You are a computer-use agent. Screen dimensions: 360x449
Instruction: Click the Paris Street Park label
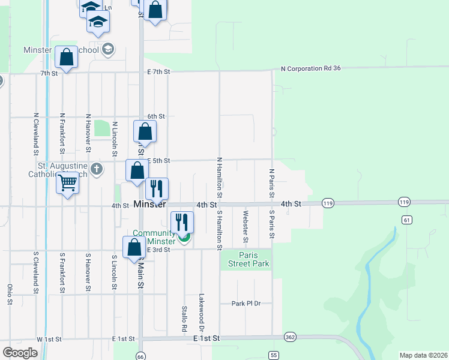pyautogui.click(x=244, y=259)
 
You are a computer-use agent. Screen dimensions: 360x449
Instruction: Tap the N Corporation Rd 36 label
pyautogui.click(x=310, y=68)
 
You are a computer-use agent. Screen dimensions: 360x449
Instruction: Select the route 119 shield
pyautogui.click(x=328, y=203)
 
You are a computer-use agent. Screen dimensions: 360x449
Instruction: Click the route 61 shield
pyautogui.click(x=408, y=220)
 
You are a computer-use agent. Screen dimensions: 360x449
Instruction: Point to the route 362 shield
pyautogui.click(x=291, y=337)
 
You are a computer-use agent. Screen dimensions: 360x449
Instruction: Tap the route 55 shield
pyautogui.click(x=274, y=355)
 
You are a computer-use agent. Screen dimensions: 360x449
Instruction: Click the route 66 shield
pyautogui.click(x=140, y=355)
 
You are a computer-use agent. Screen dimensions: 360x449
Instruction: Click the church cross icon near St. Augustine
pyautogui.click(x=96, y=170)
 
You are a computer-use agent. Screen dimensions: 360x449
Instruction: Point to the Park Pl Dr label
pyautogui.click(x=247, y=304)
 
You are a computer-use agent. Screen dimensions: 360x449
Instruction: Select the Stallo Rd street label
pyautogui.click(x=185, y=319)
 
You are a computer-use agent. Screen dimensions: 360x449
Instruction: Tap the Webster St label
pyautogui.click(x=246, y=226)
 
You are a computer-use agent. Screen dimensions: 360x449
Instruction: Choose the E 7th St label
pyautogui.click(x=158, y=71)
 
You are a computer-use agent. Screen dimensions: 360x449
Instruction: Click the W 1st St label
pyautogui.click(x=49, y=339)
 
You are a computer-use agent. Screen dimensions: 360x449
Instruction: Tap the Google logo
pyautogui.click(x=20, y=353)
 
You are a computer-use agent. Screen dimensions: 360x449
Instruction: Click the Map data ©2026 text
pyautogui.click(x=423, y=355)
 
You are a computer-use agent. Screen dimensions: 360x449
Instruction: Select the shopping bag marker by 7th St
pyautogui.click(x=66, y=57)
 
